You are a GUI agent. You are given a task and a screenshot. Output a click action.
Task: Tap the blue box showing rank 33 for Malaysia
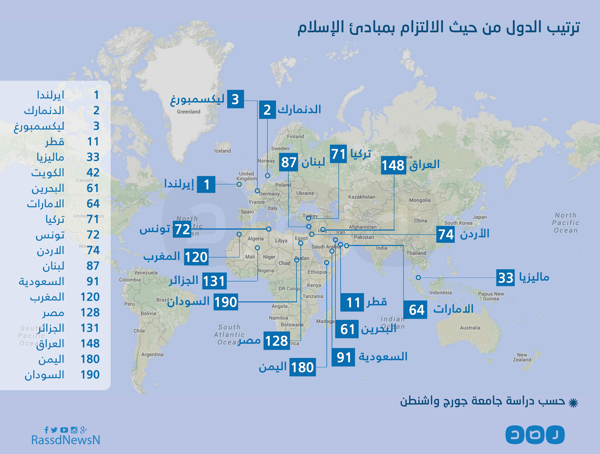505,278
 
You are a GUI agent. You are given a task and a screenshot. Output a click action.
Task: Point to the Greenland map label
189,112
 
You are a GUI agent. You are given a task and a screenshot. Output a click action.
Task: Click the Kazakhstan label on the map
362,197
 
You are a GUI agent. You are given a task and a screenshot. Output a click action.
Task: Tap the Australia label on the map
470,328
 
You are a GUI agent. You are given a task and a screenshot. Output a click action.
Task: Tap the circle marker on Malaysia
418,278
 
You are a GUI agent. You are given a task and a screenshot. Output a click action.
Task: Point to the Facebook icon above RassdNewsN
46,430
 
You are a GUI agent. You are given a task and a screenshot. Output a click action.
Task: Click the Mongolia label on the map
420,200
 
